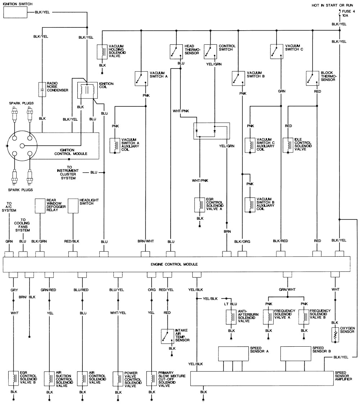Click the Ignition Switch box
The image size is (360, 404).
pos(15,12)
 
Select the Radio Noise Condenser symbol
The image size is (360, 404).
pos(42,89)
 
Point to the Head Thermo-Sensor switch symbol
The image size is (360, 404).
pos(176,51)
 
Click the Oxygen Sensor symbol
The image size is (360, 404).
pos(336,334)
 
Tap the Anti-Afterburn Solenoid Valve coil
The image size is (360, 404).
pos(231,316)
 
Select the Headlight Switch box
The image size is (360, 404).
pos(73,205)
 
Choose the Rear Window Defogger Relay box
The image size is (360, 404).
pos(40,205)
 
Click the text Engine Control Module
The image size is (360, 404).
pos(176,264)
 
